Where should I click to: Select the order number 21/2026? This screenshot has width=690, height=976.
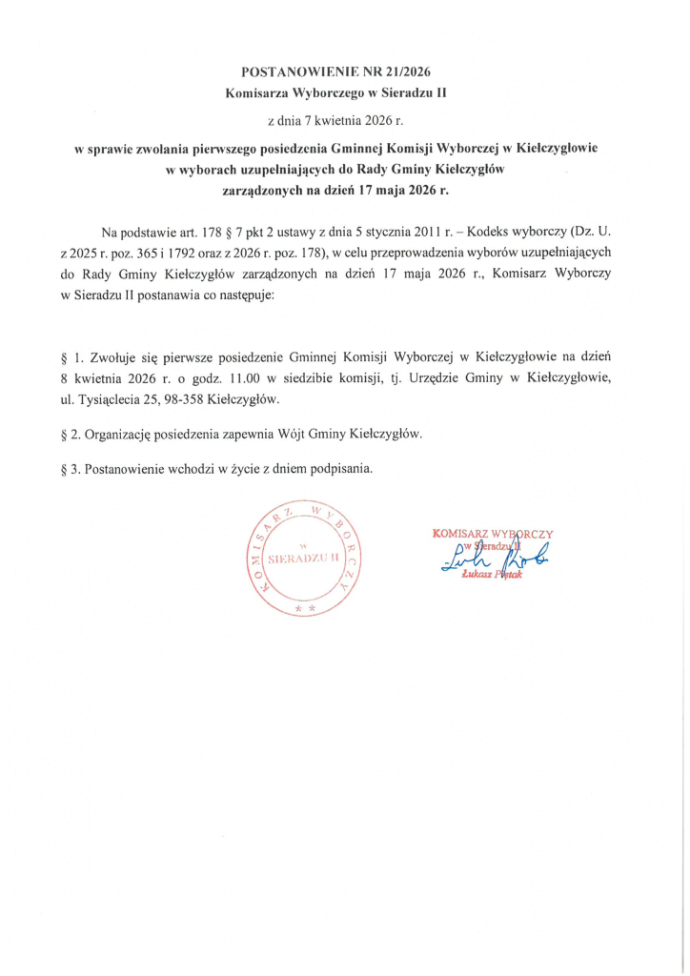(407, 71)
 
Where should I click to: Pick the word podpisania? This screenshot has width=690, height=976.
(342, 470)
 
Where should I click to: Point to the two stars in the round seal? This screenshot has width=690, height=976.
(305, 606)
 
